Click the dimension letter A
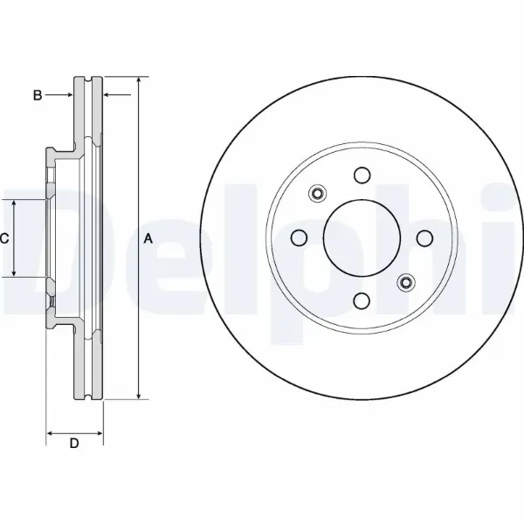tap(148, 238)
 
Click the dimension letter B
tap(38, 95)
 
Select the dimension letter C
tap(4, 238)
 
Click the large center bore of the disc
tap(362, 238)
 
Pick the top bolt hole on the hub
tap(362, 176)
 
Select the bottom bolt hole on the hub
tap(362, 300)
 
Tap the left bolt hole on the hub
tap(299, 238)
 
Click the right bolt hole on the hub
tap(424, 238)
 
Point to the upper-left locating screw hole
tap(318, 193)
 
